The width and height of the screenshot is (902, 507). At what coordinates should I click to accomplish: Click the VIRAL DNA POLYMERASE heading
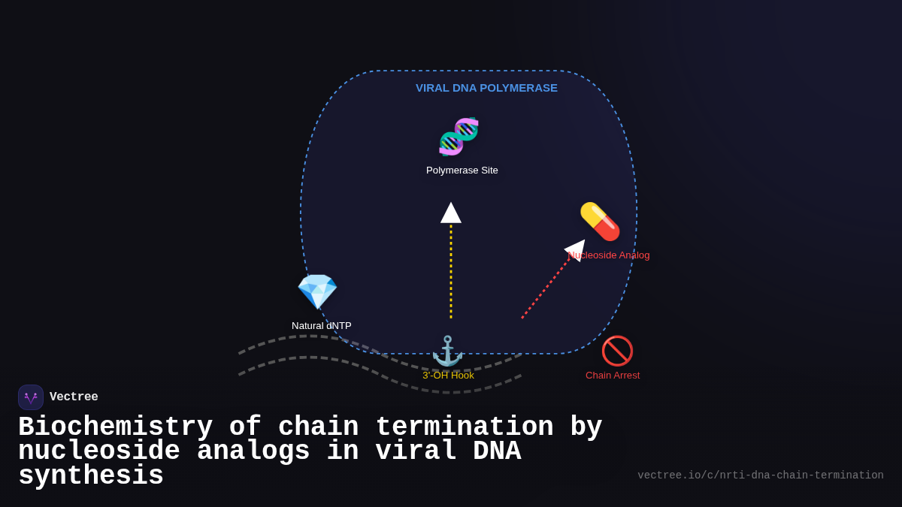tap(486, 88)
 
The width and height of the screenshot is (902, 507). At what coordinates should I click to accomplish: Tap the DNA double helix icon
tap(459, 137)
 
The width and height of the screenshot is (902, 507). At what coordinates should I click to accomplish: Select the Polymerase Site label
tap(462, 171)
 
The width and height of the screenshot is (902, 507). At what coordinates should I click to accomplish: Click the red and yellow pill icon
tap(600, 222)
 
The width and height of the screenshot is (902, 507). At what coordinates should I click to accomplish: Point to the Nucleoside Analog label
tap(610, 255)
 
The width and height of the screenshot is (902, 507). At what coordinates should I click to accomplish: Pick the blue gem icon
tap(317, 291)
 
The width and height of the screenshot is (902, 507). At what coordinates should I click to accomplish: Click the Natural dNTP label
tap(321, 326)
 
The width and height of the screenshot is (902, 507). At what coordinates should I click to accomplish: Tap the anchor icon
tap(448, 351)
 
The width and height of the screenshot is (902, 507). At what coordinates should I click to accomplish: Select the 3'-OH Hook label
tap(448, 376)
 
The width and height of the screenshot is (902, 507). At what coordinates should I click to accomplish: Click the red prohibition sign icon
tap(617, 351)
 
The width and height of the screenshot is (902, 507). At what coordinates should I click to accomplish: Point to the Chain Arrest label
tap(613, 376)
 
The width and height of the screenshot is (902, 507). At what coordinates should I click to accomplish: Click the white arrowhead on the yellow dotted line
tap(451, 213)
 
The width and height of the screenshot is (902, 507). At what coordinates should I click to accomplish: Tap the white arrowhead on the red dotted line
tap(576, 249)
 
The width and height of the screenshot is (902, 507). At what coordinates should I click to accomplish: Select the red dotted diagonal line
tap(544, 290)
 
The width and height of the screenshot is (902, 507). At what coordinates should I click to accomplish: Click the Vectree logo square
tap(31, 397)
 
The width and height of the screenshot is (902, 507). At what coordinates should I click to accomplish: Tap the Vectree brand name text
tap(74, 397)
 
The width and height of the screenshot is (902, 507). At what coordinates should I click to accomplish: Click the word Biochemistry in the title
tap(115, 427)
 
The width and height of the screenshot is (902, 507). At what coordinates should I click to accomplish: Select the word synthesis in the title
tap(91, 476)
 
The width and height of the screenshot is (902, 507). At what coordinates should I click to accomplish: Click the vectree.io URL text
tap(760, 475)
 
